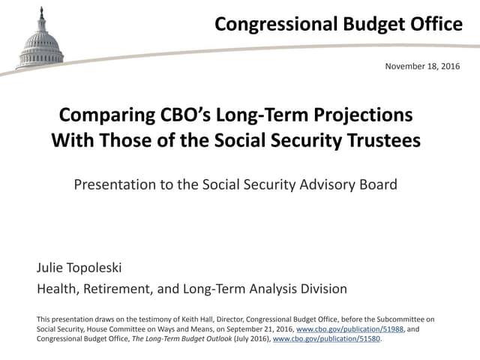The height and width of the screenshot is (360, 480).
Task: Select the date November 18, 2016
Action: tap(423, 67)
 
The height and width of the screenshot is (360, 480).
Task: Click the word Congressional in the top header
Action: tap(274, 24)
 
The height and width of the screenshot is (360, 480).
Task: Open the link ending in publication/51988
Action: tap(341, 329)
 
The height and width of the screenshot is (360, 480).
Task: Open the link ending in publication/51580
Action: tap(327, 339)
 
